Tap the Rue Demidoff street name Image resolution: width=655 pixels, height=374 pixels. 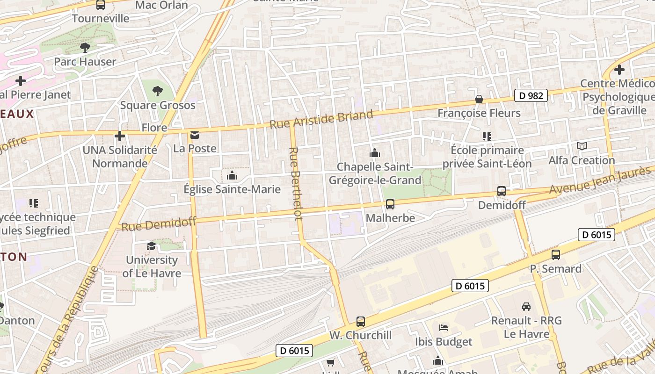tap(158, 224)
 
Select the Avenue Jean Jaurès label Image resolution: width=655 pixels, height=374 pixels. tap(600, 181)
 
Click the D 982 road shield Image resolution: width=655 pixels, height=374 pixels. tap(531, 95)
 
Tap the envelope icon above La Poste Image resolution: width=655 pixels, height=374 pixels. tap(195, 136)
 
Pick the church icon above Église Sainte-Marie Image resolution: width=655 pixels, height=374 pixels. tap(232, 176)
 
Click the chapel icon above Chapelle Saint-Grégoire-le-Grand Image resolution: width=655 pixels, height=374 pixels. tap(374, 153)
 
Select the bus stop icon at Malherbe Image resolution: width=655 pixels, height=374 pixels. tap(390, 204)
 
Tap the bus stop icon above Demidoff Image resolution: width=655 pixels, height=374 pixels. tap(502, 191)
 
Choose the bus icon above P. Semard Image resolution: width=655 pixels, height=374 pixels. tap(555, 255)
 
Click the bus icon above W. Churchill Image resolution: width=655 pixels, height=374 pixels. tap(360, 322)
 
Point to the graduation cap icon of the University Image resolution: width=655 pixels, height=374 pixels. tap(151, 246)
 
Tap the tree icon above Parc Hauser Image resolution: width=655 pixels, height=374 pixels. tap(85, 47)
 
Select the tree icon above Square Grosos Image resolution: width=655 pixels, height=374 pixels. tap(158, 91)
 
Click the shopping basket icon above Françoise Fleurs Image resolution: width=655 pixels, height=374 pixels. tap(479, 99)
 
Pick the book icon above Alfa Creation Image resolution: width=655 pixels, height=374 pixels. tap(582, 146)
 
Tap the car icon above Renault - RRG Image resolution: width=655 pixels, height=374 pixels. tap(526, 307)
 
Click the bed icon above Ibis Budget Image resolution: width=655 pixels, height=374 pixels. tap(444, 328)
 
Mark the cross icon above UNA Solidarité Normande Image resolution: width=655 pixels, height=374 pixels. tap(120, 136)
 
